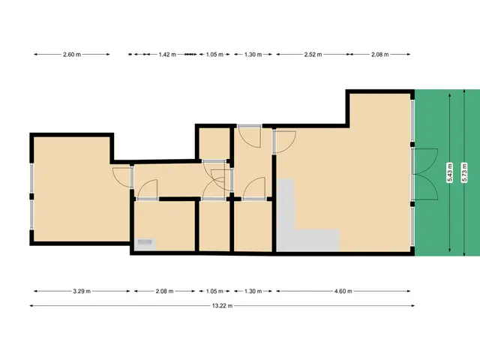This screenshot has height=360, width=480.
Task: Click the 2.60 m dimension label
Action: coord(72,55)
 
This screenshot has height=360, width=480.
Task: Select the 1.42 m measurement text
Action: coord(166,55)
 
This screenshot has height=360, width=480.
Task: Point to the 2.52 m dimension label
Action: coord(313,55)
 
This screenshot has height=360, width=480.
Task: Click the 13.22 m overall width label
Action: coord(221,305)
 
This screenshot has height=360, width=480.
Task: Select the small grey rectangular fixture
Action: coord(145,242)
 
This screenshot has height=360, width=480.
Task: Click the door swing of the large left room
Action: coord(121,177)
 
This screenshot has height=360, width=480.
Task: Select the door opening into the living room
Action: coord(283,140)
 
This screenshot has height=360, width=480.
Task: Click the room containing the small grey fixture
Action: coord(165,225)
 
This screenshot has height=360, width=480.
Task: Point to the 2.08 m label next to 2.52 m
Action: coord(381,55)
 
